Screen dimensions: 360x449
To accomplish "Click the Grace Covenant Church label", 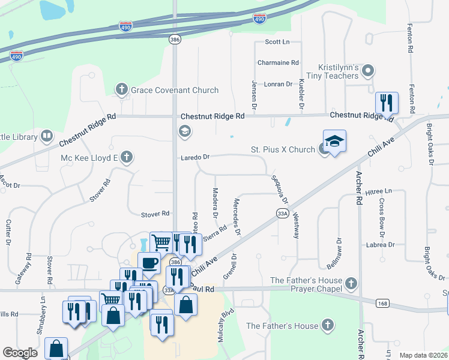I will click(175, 90).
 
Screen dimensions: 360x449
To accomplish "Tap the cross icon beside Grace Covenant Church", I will click(122, 90).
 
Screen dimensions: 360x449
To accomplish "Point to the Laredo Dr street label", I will click(196, 157).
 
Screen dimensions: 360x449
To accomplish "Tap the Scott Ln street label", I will click(277, 42).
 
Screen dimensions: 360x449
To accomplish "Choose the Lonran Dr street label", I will click(278, 84).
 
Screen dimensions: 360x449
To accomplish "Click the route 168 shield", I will click(382, 304).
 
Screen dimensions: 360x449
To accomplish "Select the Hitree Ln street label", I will click(378, 191).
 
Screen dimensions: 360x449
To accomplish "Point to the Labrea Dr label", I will click(383, 245).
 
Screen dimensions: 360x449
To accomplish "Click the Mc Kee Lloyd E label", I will click(88, 158).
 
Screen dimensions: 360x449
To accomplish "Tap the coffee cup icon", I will click(149, 262).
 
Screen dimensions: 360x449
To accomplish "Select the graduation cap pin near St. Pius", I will click(334, 141).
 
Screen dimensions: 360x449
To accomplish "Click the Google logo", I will click(20, 353).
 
